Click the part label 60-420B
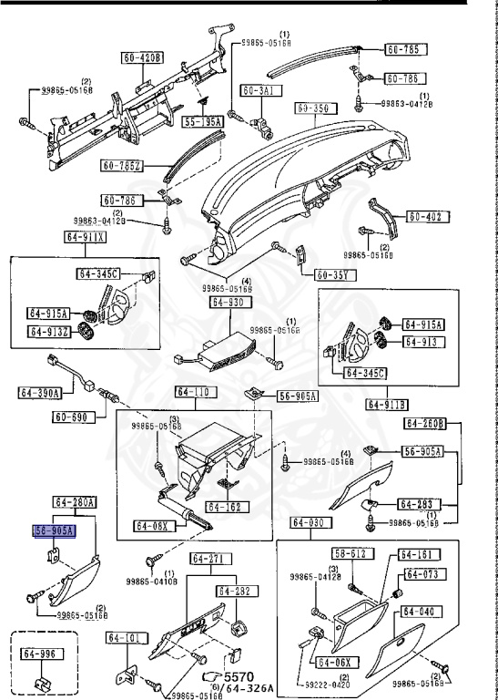coord(143,59)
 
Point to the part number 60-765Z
coord(122,165)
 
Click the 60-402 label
coord(425,217)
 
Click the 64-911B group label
coord(386,404)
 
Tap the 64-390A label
coord(39,393)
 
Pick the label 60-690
coord(73,417)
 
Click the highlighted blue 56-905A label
coord(54,530)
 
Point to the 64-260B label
coord(425,423)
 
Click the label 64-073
coord(422,574)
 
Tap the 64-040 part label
coord(422,612)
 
